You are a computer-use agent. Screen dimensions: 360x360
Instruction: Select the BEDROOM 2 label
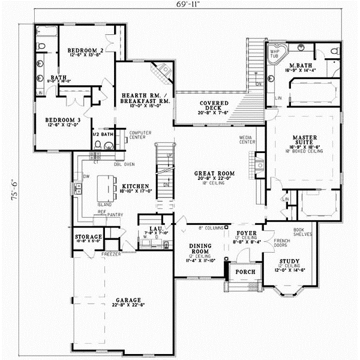coord(85,50)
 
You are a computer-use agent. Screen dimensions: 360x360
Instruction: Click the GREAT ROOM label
coord(214,174)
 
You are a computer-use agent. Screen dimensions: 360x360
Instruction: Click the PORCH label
coord(245,272)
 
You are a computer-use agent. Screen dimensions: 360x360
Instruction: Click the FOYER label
coord(247,232)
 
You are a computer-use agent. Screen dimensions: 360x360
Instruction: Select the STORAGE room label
coord(88,238)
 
